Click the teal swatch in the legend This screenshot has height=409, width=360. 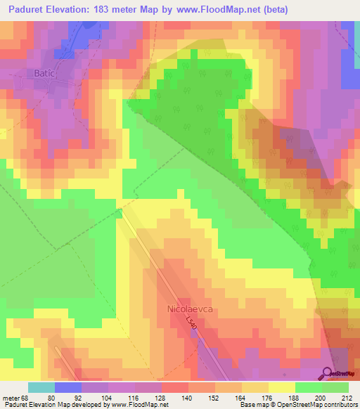pos(41,387)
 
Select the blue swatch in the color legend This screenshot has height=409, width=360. pos(68,387)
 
